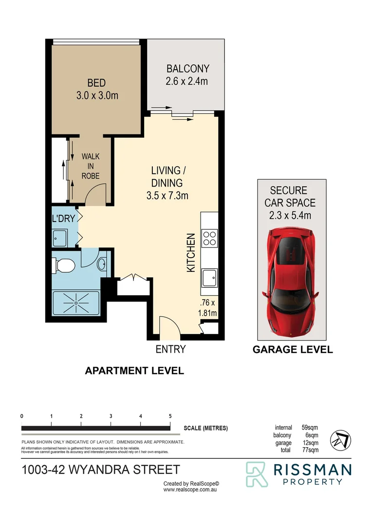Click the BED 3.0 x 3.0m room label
point(96,90)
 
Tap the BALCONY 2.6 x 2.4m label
point(187,75)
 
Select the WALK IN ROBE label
point(90,166)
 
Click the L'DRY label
point(63,218)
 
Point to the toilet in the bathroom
point(63,265)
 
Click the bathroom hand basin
point(102,265)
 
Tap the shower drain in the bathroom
point(76,302)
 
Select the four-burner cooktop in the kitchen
point(209,239)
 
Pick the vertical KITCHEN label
point(191,252)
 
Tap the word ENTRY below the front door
point(170,349)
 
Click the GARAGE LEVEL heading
point(293,349)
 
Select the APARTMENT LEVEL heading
point(134,371)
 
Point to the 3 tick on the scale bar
point(111,416)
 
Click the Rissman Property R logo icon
point(256,474)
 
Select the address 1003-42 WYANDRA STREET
point(101,470)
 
